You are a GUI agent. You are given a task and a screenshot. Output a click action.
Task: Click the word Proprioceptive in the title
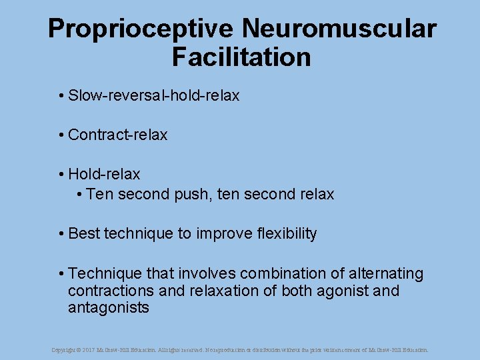click(x=141, y=29)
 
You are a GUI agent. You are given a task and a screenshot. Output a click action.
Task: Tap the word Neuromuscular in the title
click(x=339, y=29)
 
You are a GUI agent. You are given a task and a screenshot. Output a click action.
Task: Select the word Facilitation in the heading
click(x=241, y=57)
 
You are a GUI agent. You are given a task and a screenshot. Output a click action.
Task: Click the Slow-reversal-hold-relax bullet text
click(x=153, y=96)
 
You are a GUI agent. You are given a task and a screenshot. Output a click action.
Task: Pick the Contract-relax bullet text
click(x=117, y=135)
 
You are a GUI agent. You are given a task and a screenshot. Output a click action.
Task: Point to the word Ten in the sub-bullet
click(x=100, y=195)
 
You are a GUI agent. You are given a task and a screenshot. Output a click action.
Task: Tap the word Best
click(x=84, y=234)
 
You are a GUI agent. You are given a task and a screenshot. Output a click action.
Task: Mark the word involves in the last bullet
click(x=209, y=274)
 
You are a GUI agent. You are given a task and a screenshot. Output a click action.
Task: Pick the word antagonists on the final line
click(x=108, y=308)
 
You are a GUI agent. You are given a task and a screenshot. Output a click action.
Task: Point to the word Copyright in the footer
click(x=64, y=349)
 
